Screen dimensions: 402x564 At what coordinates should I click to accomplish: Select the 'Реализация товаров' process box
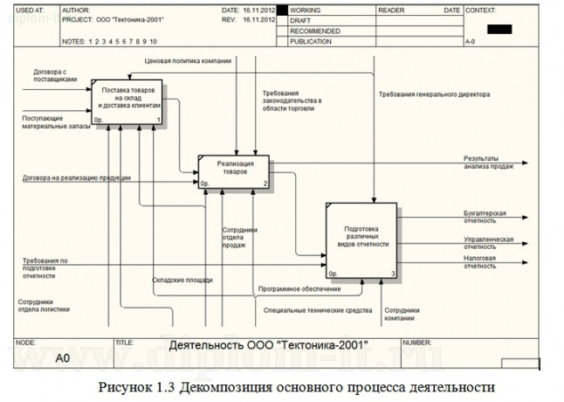click(x=233, y=172)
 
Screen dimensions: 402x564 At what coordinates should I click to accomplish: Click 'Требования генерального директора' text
click(x=434, y=94)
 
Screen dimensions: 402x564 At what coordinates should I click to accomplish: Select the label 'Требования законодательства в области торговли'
click(x=292, y=101)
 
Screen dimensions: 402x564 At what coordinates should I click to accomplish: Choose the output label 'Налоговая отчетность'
click(x=480, y=262)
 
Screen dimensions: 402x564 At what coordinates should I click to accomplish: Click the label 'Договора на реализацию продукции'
click(x=77, y=178)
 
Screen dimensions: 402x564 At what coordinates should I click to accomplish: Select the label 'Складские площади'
click(x=182, y=280)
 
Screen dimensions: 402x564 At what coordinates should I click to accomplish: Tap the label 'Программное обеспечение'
click(x=299, y=289)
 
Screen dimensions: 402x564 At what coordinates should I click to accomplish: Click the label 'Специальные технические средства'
click(x=318, y=309)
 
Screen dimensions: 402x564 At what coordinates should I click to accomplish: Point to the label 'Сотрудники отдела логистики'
click(x=44, y=306)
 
